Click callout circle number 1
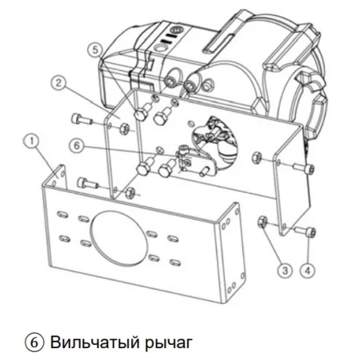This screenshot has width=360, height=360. [x=32, y=141]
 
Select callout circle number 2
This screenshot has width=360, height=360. [x=58, y=83]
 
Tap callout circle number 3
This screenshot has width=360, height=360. [x=285, y=270]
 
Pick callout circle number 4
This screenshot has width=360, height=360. [x=307, y=270]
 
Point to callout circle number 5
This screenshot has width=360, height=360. [x=95, y=50]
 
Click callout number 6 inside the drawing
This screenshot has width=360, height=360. [x=77, y=146]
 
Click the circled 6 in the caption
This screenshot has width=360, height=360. [x=34, y=342]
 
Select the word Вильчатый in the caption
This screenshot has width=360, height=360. [x=94, y=342]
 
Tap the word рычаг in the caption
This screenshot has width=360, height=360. [x=169, y=344]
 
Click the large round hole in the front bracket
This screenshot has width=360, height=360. [x=119, y=236]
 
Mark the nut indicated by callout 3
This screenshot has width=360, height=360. [x=262, y=222]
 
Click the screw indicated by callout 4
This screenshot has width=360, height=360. [x=306, y=231]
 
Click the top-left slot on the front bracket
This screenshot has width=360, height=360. [x=62, y=214]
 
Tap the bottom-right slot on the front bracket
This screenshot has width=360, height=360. [x=174, y=262]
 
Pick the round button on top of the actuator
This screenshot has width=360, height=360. [x=161, y=48]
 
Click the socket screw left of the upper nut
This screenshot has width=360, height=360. [x=82, y=119]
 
